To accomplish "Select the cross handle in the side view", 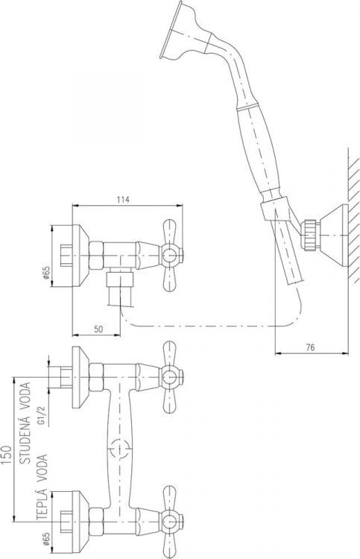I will (x=171, y=253).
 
